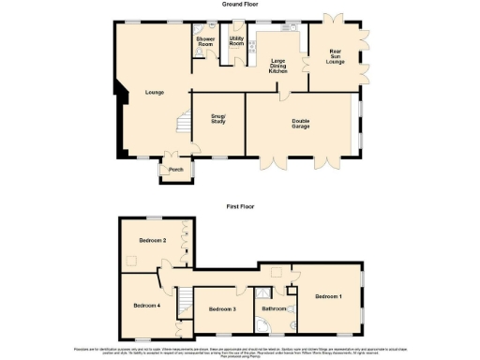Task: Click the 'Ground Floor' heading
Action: (x=240, y=5)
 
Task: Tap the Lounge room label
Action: (x=155, y=92)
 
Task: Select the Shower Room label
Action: (x=205, y=42)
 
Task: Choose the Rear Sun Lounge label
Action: (x=335, y=56)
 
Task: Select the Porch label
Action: (x=175, y=170)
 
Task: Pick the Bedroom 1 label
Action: (x=328, y=296)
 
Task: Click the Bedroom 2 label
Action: (x=153, y=241)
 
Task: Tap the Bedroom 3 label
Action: (x=221, y=308)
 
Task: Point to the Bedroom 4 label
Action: (x=146, y=306)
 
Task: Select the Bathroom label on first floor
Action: (x=274, y=308)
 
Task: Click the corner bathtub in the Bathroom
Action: (x=271, y=325)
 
